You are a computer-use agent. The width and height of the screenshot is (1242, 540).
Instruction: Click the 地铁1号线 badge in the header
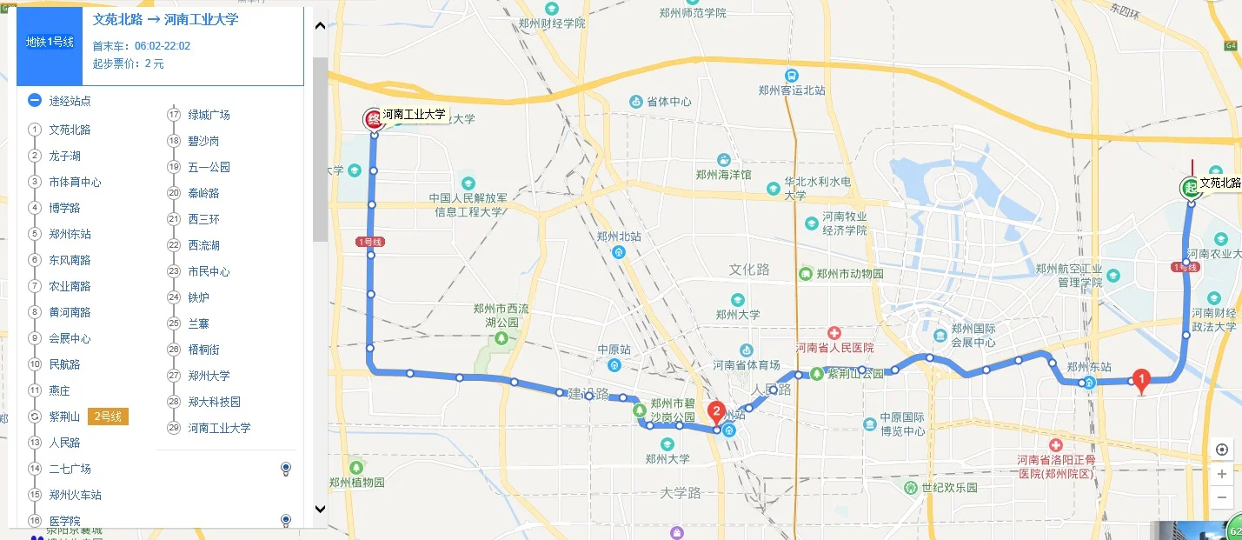(50, 42)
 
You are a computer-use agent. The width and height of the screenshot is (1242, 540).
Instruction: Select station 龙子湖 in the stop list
(64, 156)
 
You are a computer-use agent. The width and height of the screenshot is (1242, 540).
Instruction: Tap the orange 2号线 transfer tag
(108, 417)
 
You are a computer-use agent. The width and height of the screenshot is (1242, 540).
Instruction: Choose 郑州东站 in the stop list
(70, 234)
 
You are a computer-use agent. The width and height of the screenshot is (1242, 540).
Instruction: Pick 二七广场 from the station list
(70, 469)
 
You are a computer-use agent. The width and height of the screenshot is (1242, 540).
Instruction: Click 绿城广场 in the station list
(209, 115)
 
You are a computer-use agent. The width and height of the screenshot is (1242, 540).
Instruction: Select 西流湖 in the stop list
(203, 245)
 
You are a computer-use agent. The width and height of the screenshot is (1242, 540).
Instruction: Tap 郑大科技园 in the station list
(214, 402)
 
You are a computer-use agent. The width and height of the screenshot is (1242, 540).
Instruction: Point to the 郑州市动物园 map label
(849, 274)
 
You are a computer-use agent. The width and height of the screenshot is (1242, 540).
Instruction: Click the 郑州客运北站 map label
(791, 90)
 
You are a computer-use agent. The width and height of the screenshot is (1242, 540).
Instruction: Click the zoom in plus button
(1222, 474)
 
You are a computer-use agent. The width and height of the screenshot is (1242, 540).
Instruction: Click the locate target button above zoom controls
(1222, 450)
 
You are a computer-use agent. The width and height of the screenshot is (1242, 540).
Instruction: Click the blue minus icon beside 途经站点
(35, 100)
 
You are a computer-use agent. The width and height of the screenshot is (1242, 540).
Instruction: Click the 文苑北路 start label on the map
(1219, 183)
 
